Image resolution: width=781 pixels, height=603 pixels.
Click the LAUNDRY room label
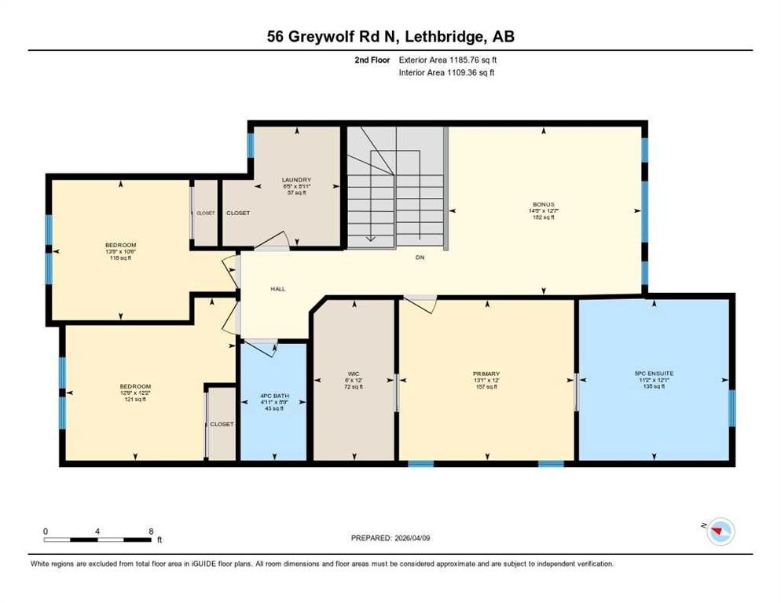click(x=296, y=180)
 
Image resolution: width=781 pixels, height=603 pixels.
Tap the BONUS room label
click(x=543, y=204)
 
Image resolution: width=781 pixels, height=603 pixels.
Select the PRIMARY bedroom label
click(x=486, y=374)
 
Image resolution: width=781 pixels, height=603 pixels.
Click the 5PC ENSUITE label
click(x=654, y=374)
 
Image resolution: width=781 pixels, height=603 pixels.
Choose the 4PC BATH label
click(x=273, y=395)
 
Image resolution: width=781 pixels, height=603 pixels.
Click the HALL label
click(x=278, y=289)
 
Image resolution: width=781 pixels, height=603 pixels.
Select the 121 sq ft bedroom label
click(x=135, y=386)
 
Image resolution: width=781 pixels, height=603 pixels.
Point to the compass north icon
click(x=717, y=533)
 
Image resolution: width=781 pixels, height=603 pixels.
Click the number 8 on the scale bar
click(x=151, y=531)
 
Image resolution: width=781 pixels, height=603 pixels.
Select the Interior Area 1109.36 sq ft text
click(x=446, y=72)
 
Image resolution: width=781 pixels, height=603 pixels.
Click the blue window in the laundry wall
click(x=251, y=145)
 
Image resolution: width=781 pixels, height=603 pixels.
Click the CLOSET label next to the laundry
click(x=238, y=213)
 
